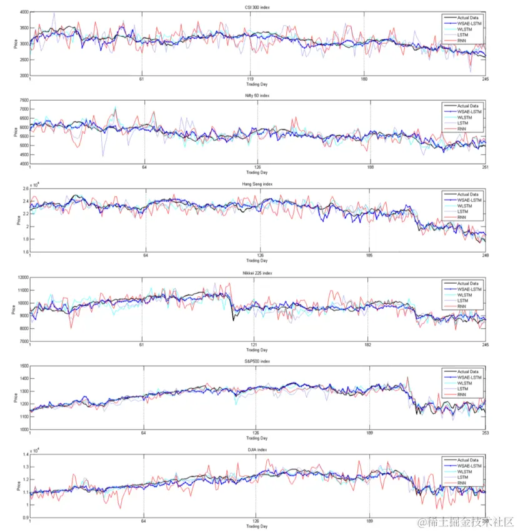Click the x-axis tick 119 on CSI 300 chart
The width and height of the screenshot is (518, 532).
250,79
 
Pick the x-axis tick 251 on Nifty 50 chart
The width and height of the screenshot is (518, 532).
484,168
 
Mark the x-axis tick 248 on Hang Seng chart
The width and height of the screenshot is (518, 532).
484,256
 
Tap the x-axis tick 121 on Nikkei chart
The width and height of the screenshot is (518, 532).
254,344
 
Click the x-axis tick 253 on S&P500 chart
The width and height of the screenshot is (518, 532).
484,433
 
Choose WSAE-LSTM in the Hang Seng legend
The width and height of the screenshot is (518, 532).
470,200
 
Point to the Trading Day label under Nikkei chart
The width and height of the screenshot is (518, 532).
257,350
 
